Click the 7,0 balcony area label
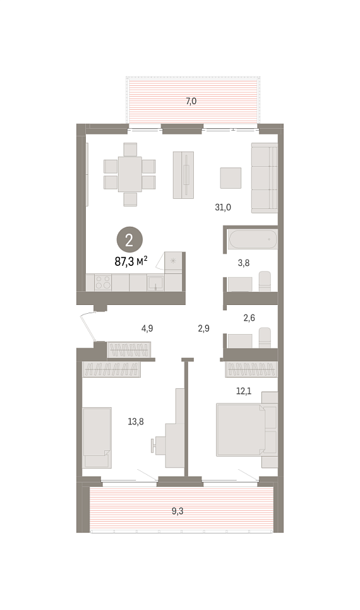[x=191, y=102]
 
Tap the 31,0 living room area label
[x=223, y=207]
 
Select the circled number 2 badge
[x=129, y=240]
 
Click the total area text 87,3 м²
[x=131, y=261]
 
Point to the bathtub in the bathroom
[x=253, y=239]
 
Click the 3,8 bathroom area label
[x=244, y=263]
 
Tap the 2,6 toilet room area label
[x=249, y=318]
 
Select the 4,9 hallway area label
[x=147, y=328]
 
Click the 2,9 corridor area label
[x=203, y=328]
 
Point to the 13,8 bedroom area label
[x=136, y=421]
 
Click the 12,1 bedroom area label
[x=244, y=391]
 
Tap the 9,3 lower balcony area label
[x=177, y=511]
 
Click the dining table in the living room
[x=130, y=174]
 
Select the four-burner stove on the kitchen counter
[x=103, y=282]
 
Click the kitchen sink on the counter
[x=155, y=283]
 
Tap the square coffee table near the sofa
[x=231, y=178]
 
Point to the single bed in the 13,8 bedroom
[x=97, y=437]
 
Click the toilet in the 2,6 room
[x=265, y=337]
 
